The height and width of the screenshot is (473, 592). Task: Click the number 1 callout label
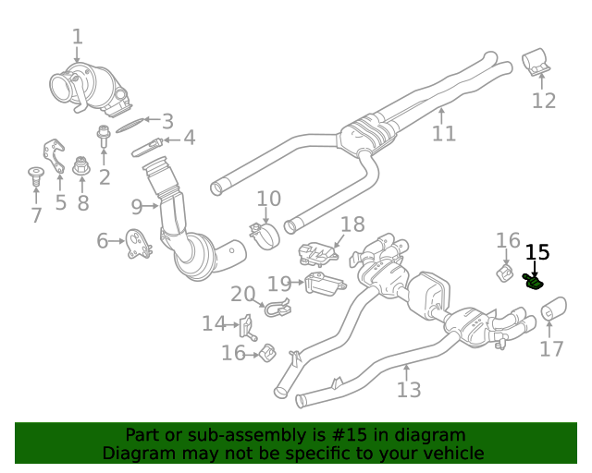tap(78, 37)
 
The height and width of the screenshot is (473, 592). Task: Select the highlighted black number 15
tap(537, 252)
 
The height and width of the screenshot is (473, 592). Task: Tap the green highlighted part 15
tap(535, 281)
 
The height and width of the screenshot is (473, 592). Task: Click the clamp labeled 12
tap(536, 63)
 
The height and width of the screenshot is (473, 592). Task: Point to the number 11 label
tap(444, 133)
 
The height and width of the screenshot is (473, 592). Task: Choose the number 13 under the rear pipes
tap(409, 389)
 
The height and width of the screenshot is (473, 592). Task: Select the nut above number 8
tap(81, 166)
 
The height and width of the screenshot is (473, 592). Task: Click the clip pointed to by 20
tap(275, 308)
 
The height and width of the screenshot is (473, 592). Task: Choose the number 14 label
tap(214, 323)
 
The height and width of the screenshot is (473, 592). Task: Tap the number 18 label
tap(352, 224)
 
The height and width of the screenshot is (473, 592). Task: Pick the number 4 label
tap(189, 139)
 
